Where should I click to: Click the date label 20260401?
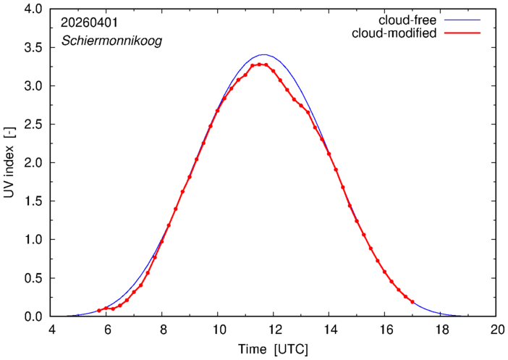[x=90, y=22]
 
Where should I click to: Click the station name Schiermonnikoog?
[x=111, y=41]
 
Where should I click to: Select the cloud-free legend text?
[x=407, y=20]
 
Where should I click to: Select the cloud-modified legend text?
[x=394, y=33]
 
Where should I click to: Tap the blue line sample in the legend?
[x=462, y=20]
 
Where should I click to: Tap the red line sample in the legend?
[x=462, y=33]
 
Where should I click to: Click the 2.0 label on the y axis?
[x=33, y=163]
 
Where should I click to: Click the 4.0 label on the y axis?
[x=33, y=9]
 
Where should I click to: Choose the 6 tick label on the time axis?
[x=108, y=330]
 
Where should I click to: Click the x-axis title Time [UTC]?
[x=273, y=350]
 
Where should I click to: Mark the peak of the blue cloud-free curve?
[x=264, y=54]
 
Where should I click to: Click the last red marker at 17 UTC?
[x=412, y=302]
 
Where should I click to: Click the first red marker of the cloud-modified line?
[x=99, y=311]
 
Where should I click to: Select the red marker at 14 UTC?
[x=329, y=154]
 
